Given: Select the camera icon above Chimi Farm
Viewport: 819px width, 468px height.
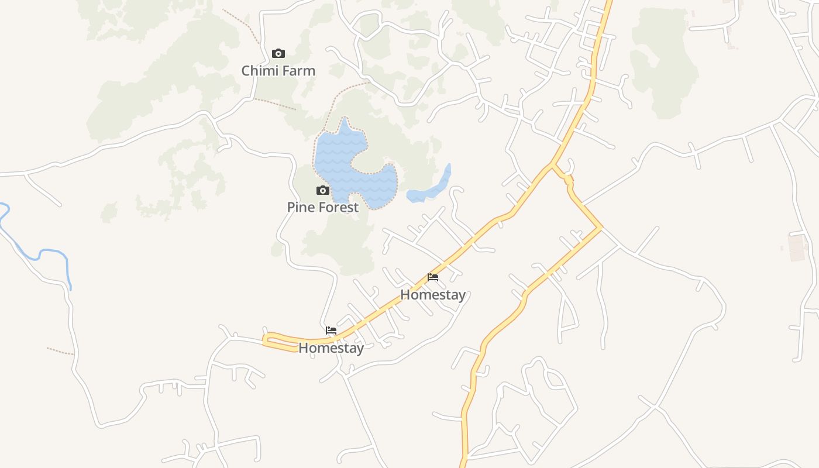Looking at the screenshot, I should pos(278,54).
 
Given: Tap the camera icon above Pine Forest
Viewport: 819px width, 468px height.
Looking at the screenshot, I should pos(322,190).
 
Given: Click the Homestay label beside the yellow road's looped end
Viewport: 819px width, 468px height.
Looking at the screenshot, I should pos(331,348).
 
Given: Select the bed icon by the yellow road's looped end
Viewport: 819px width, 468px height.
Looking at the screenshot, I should pos(331,331).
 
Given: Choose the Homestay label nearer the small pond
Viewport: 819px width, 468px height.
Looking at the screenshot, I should pos(433,295).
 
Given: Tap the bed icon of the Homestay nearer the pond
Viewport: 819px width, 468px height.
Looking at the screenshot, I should pos(433,277).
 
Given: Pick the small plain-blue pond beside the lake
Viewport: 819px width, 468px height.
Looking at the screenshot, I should pos(433,188).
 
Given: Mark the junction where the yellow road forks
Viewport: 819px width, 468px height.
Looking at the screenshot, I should pos(552,165).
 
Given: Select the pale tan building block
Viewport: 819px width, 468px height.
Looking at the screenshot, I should pos(797,247).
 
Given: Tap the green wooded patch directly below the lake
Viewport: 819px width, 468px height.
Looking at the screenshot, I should pos(342,243).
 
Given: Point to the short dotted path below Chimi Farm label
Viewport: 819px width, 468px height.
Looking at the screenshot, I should pos(275,104).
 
